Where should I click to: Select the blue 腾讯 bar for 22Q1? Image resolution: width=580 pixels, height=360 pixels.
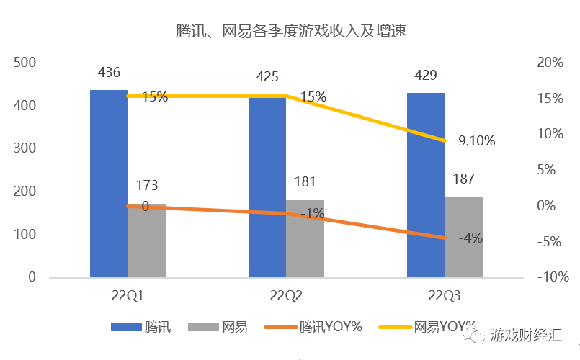(x=109, y=184)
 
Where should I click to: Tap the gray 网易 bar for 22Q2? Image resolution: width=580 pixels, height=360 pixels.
(x=305, y=238)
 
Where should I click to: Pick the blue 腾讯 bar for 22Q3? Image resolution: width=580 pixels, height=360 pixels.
(x=425, y=185)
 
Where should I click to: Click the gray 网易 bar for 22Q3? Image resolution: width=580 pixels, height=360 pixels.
(x=463, y=237)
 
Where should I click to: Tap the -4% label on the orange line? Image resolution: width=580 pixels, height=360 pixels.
(x=470, y=238)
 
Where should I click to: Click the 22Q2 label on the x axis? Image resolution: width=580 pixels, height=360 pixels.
(x=286, y=296)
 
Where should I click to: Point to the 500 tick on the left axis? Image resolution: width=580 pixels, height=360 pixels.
(x=25, y=63)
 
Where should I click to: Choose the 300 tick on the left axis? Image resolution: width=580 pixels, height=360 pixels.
(x=25, y=149)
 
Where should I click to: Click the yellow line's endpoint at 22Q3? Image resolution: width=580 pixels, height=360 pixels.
(x=445, y=140)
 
